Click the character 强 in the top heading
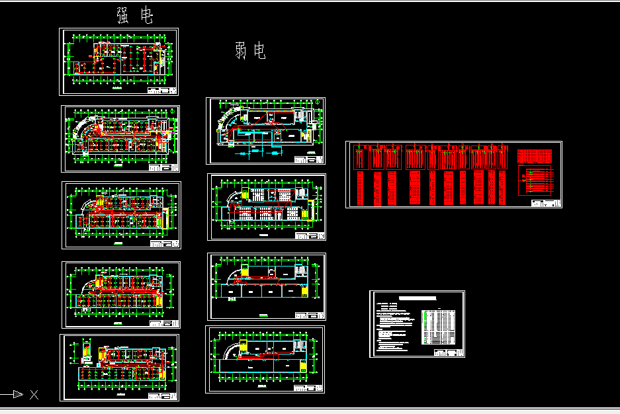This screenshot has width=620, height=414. pos(123,16)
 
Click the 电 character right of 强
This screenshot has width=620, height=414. pos(146,16)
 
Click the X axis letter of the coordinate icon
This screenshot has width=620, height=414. pos(34,395)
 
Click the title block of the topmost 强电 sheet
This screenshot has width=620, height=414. pos(162,90)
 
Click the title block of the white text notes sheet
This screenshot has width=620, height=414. pos(448,352)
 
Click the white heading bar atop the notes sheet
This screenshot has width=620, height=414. pos(417,299)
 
